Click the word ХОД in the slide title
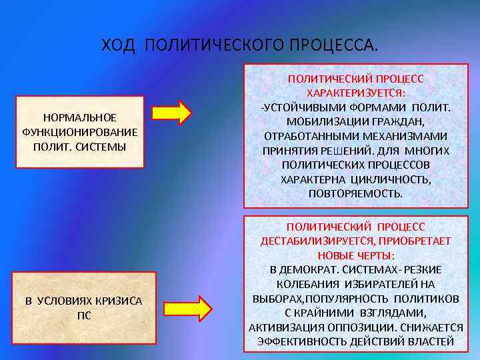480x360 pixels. tap(119, 45)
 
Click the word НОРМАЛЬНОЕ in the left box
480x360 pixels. tap(80, 117)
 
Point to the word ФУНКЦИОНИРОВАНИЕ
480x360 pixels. tap(80, 131)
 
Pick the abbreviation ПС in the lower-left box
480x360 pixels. tap(84, 315)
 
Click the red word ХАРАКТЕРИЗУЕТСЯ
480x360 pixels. tap(356, 93)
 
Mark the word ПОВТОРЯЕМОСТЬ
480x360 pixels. tap(356, 193)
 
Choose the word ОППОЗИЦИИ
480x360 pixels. tap(360, 327)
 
